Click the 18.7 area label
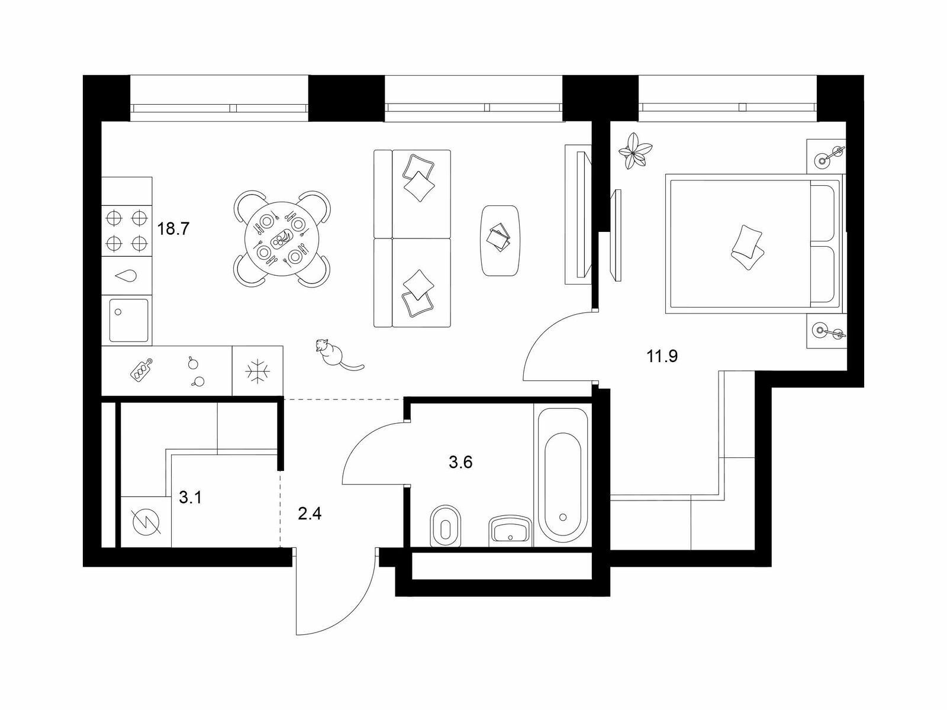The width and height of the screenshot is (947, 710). pos(173,229)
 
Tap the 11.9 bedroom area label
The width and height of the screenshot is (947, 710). pos(662,356)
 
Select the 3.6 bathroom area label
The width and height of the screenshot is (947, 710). pos(460,462)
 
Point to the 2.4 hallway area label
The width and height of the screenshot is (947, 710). pos(310,514)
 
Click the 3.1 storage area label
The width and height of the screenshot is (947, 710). pos(191,498)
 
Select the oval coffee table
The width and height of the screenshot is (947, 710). pos(501,240)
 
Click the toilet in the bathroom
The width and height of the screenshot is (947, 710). pos(446,525)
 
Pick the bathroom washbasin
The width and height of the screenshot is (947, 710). pos(510,530)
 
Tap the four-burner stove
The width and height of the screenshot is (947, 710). pos(127,230)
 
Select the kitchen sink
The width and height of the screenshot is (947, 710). pos(128,320)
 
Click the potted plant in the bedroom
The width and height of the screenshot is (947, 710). pos(635,151)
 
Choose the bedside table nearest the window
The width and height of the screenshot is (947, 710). pos(827,157)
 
